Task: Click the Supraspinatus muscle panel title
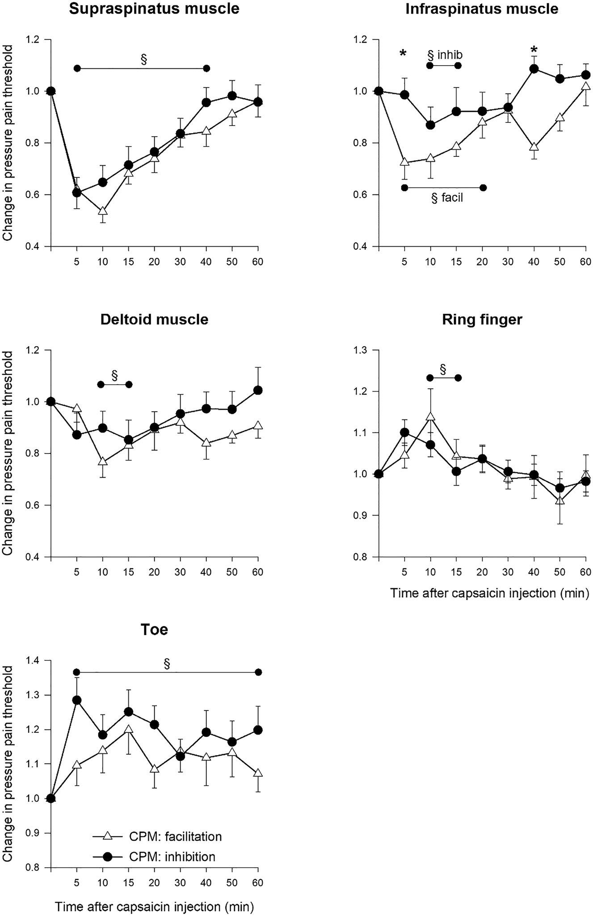point(154,8)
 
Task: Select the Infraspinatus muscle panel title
point(482,8)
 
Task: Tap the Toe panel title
point(154,629)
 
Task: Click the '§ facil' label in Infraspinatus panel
point(447,198)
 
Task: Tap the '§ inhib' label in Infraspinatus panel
point(445,55)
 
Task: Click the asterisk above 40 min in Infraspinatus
point(534,49)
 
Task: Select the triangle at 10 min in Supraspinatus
point(103,211)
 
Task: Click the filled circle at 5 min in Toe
point(77,700)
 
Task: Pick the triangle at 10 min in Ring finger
point(430,416)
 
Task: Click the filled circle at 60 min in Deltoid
point(258,390)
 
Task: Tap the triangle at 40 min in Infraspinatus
point(534,147)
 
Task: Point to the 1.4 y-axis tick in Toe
point(37,660)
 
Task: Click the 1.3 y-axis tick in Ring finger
point(365,350)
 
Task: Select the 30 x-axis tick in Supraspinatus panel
point(180,261)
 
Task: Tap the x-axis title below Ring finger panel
point(490,593)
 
